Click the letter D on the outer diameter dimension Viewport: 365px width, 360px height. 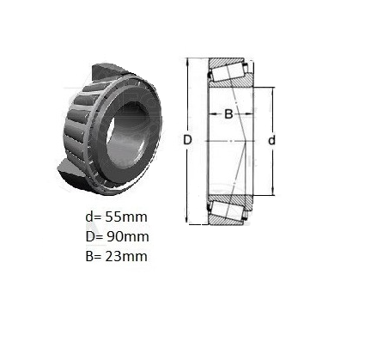(187, 140)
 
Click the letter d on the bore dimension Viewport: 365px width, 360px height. (271, 140)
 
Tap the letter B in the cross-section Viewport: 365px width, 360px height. (228, 114)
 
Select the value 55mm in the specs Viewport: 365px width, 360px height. (126, 217)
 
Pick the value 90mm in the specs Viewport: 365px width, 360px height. (128, 236)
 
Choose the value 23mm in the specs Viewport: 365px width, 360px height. (126, 256)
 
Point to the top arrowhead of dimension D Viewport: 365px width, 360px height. (188, 60)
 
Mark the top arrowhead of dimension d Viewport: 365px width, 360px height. (272, 89)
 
